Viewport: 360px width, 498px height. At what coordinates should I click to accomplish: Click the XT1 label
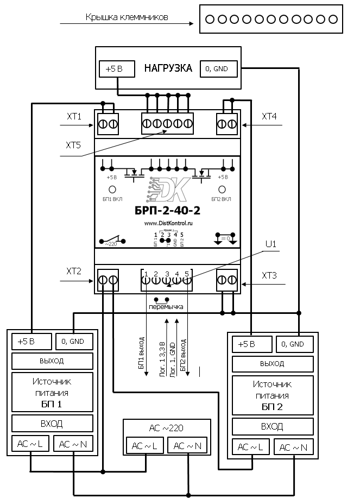click(73, 116)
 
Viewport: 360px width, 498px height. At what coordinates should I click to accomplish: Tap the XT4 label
click(269, 116)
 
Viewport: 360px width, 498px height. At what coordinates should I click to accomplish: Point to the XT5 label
click(73, 146)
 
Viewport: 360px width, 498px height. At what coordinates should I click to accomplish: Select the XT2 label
click(73, 270)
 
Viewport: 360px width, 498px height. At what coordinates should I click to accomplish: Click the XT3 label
click(269, 276)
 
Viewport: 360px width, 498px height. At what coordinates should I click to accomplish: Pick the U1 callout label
click(270, 244)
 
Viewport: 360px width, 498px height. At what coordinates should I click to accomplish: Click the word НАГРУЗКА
click(168, 68)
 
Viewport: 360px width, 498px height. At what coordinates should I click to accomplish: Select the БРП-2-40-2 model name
click(167, 211)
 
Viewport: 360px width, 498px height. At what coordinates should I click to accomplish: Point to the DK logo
click(168, 190)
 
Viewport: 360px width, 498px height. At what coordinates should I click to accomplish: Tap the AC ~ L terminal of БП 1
click(31, 444)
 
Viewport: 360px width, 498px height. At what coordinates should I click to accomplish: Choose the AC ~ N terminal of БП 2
click(293, 447)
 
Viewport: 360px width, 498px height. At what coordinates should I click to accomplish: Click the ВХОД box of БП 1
click(52, 424)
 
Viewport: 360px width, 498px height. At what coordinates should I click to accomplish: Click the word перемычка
click(166, 307)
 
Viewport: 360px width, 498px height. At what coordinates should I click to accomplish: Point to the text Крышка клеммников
click(127, 17)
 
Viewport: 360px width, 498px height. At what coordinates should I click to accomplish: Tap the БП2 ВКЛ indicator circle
click(222, 190)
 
